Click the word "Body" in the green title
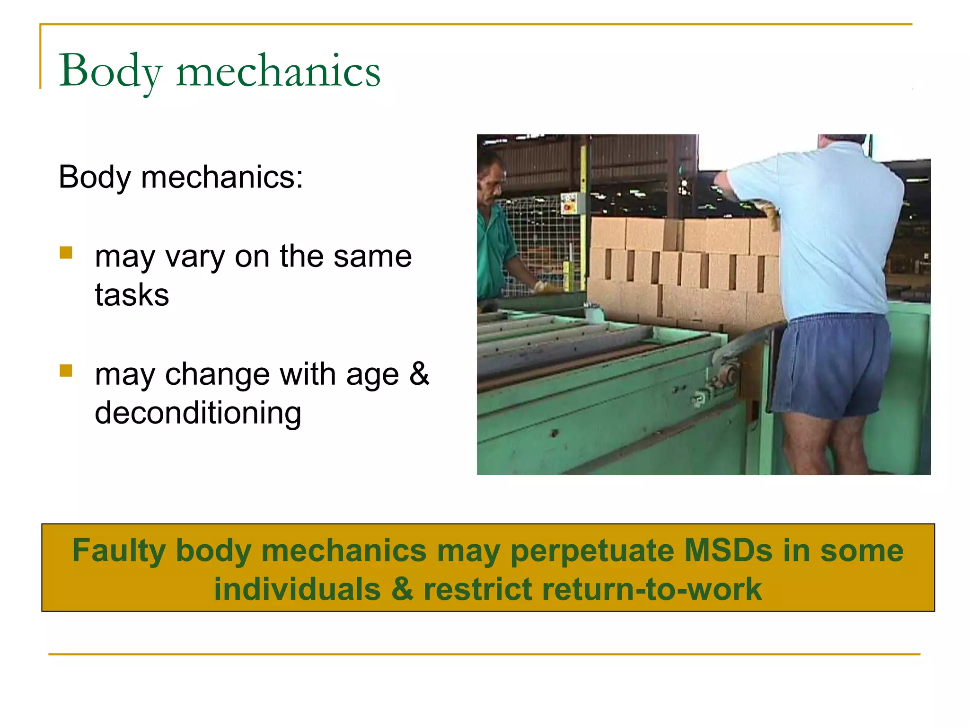(x=111, y=71)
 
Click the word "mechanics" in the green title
(x=278, y=71)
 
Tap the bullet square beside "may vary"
(x=66, y=253)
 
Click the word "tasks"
(x=132, y=295)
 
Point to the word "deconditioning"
(x=198, y=413)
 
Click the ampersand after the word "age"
(x=419, y=373)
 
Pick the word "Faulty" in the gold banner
(x=118, y=551)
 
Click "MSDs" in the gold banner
(x=728, y=550)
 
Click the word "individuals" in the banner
(x=297, y=589)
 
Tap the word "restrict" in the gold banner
(x=478, y=589)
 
